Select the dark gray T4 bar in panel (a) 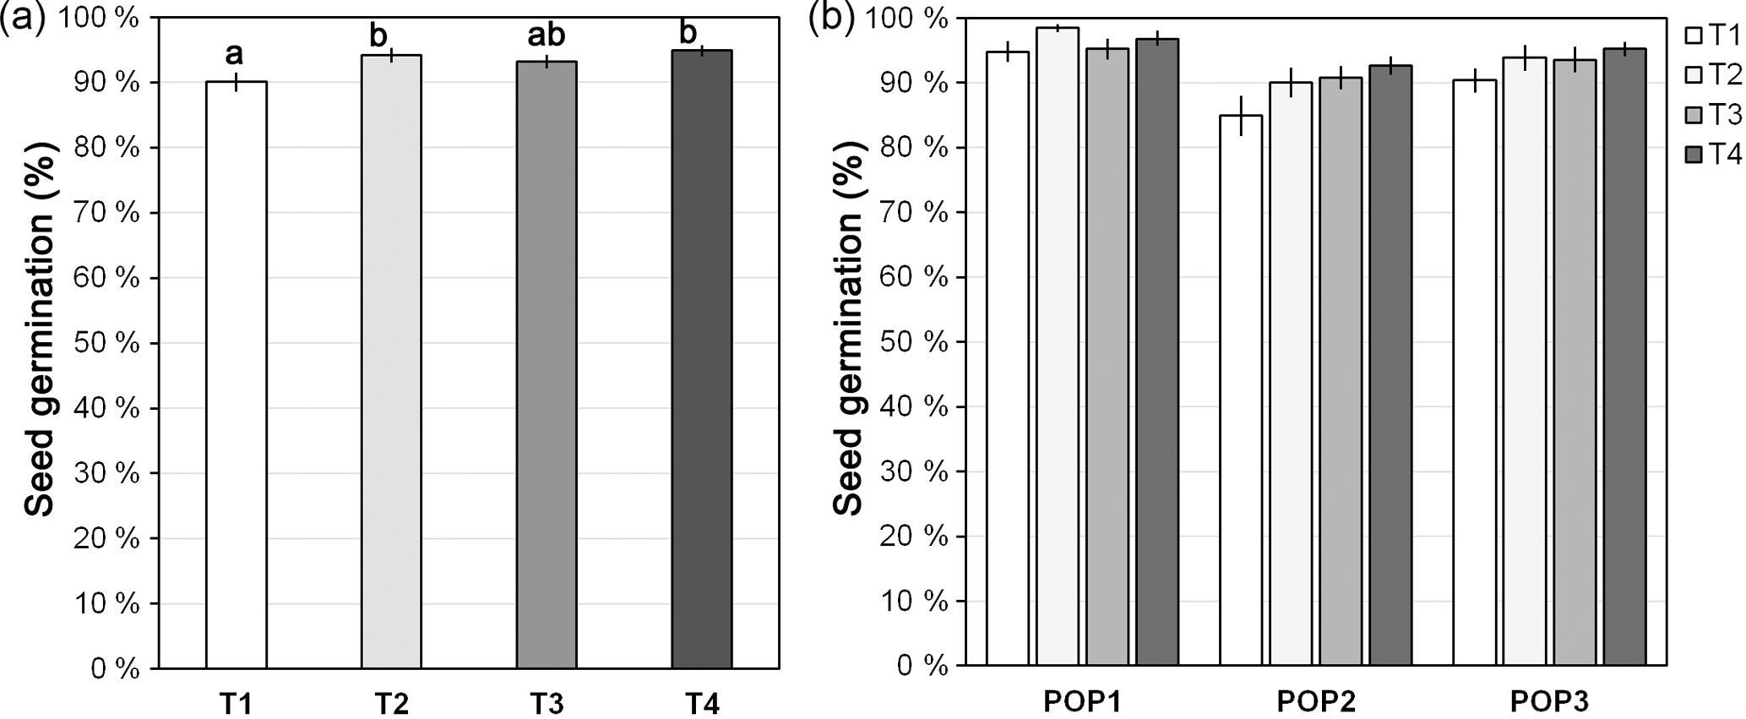[x=702, y=359]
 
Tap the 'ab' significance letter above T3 [x=547, y=35]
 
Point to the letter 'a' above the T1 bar [x=234, y=54]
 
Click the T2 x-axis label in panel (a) [x=391, y=702]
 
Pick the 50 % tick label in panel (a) [x=106, y=343]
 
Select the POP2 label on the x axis [x=1316, y=701]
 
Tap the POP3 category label [x=1549, y=701]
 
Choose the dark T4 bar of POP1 [x=1157, y=352]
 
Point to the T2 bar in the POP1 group [x=1058, y=346]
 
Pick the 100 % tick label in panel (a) [x=100, y=19]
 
